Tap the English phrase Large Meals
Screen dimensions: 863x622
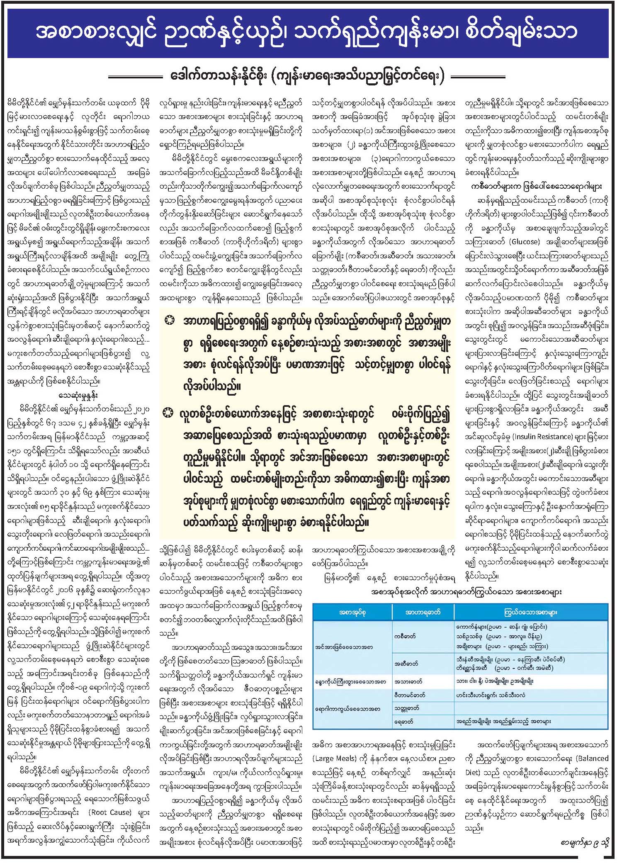334,758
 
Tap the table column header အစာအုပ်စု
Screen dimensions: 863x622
352,612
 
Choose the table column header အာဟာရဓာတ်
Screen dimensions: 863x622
423,612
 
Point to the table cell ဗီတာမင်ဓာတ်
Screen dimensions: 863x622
409,695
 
